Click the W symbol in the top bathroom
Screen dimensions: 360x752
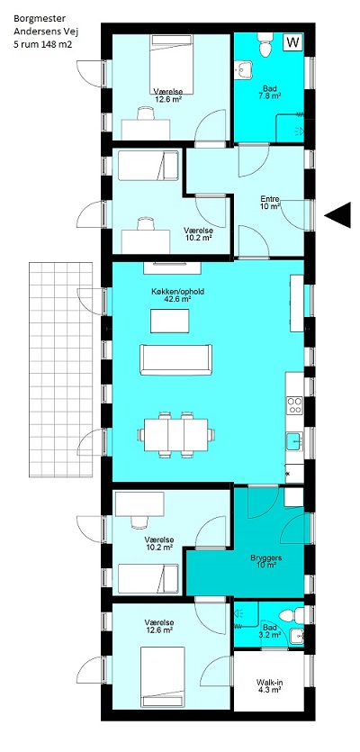tap(292, 42)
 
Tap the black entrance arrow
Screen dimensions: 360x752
tap(337, 215)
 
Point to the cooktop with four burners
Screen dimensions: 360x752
tap(295, 405)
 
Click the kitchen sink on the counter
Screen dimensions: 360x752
tap(294, 441)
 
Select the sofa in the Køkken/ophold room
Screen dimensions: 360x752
tap(175, 359)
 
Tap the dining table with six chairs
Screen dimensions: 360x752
tap(175, 434)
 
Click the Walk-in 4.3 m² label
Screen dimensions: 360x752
tap(268, 685)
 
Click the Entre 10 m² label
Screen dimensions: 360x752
tap(270, 203)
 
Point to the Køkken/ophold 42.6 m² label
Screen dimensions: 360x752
tap(171, 294)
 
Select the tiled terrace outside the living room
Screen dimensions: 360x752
tap(61, 369)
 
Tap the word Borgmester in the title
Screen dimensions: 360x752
tap(33, 19)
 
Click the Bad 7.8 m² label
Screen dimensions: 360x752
tap(271, 92)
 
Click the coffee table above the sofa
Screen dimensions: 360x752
tap(170, 321)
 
